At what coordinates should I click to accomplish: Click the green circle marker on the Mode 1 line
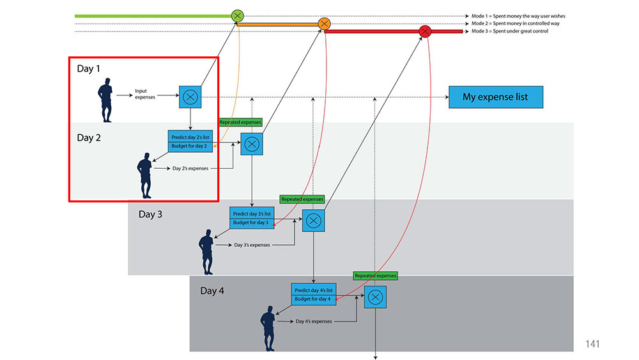click(x=237, y=16)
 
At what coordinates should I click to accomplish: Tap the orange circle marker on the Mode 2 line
click(x=324, y=24)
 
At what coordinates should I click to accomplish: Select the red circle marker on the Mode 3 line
click(x=425, y=31)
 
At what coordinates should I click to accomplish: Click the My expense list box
click(x=496, y=97)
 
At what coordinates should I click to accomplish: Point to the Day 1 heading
click(x=88, y=68)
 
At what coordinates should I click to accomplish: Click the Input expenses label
click(x=145, y=94)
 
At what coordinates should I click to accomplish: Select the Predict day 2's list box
click(x=190, y=136)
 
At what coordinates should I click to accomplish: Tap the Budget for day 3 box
click(x=252, y=223)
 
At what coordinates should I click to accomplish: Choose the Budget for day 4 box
click(x=313, y=299)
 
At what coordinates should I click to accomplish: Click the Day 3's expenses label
click(x=252, y=245)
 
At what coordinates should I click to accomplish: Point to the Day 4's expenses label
click(x=314, y=321)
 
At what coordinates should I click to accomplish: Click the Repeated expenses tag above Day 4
click(x=375, y=276)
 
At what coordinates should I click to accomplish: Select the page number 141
click(x=592, y=343)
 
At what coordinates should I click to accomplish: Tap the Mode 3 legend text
click(x=510, y=31)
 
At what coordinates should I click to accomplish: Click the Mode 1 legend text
click(x=518, y=16)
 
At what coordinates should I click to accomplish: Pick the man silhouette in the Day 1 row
click(x=105, y=100)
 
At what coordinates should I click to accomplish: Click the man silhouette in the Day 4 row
click(x=268, y=328)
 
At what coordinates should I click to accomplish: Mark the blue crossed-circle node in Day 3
click(x=313, y=221)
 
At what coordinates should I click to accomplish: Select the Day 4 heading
click(x=212, y=291)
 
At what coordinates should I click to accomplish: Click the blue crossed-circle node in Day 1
click(x=190, y=97)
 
